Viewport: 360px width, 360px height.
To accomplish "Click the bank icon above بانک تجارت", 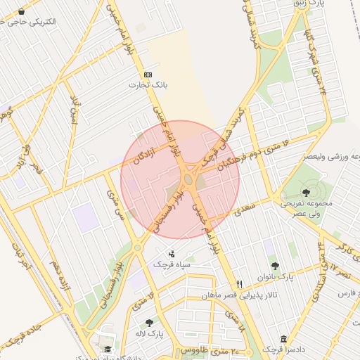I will coord(148,75).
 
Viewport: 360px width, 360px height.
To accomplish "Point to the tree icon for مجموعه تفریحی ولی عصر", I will coord(306,192).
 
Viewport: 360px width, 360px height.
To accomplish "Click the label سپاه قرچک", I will coord(173,265).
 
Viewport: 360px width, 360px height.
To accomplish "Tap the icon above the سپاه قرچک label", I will coord(172,254).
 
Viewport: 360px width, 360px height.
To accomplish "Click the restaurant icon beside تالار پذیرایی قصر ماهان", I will coord(239,284).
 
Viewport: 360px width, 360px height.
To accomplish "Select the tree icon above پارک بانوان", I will coord(274,266).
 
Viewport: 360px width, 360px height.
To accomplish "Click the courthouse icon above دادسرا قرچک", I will coord(283,339).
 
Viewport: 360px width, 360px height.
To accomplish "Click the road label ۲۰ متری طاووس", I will coord(210,349).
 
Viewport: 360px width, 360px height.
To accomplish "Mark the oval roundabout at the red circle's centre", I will coord(189,180).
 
